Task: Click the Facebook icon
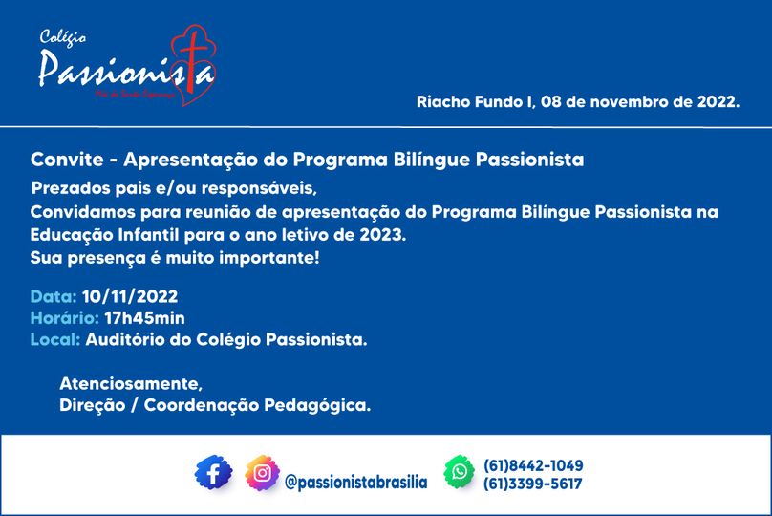(214, 473)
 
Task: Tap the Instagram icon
(262, 473)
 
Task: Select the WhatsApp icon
(460, 472)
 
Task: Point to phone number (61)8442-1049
(534, 465)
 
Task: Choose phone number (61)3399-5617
(534, 484)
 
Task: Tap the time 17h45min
(145, 317)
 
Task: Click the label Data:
(54, 296)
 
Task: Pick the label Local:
(55, 338)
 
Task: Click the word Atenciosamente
(131, 384)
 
